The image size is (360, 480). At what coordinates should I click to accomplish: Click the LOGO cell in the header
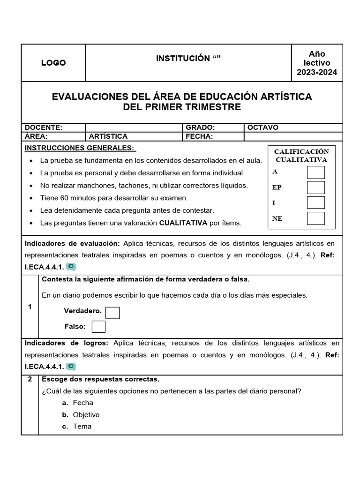tap(53, 63)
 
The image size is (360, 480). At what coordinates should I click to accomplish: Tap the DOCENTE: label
tap(44, 127)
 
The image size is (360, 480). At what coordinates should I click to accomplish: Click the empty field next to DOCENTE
tap(134, 127)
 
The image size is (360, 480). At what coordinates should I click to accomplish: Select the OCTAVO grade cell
tap(263, 127)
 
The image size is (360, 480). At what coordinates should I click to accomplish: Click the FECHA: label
tap(199, 136)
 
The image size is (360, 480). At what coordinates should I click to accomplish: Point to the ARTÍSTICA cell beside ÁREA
tap(108, 136)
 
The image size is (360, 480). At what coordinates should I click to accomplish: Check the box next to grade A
tap(315, 172)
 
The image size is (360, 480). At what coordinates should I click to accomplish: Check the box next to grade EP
tap(315, 187)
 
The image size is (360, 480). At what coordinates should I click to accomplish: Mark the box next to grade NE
tap(315, 218)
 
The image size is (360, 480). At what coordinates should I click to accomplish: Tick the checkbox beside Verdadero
tap(112, 313)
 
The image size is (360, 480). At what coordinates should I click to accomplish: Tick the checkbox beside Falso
tap(98, 327)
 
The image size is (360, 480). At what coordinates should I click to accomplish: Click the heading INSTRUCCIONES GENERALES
tap(80, 148)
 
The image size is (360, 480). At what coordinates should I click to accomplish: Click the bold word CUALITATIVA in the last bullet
tap(183, 223)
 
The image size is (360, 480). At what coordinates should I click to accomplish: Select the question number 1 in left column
tap(30, 307)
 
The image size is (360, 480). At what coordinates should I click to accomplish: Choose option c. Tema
tap(82, 427)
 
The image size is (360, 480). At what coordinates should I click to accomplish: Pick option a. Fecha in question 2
tap(82, 403)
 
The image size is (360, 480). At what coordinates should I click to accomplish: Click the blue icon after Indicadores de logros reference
tap(71, 367)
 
